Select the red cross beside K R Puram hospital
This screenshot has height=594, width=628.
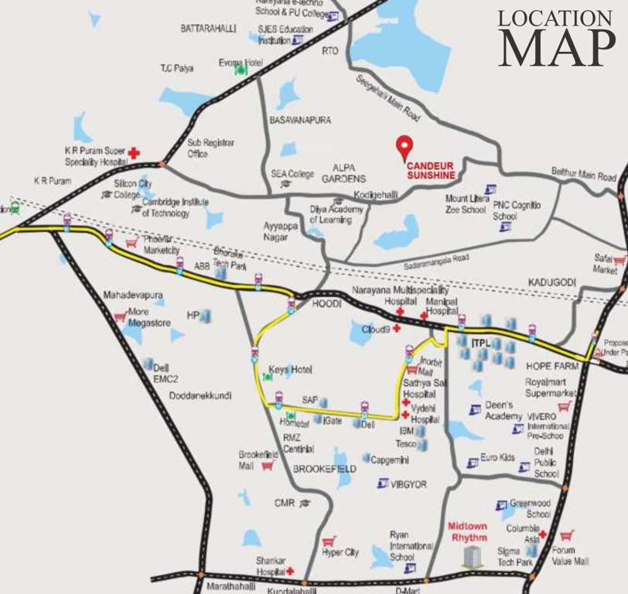[134, 153]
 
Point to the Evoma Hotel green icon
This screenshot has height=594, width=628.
[241, 69]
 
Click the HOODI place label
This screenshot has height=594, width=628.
[327, 305]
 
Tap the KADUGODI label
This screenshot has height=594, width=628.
[552, 282]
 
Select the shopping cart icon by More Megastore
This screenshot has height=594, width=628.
[120, 316]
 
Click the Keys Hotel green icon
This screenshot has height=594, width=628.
[268, 376]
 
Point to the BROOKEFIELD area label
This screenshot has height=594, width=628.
[324, 469]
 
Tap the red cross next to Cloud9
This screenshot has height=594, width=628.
[397, 328]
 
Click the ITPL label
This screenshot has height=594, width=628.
[481, 341]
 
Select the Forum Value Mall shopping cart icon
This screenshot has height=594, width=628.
[567, 534]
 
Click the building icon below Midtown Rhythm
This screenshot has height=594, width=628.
[472, 557]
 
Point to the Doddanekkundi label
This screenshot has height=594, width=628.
[200, 395]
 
